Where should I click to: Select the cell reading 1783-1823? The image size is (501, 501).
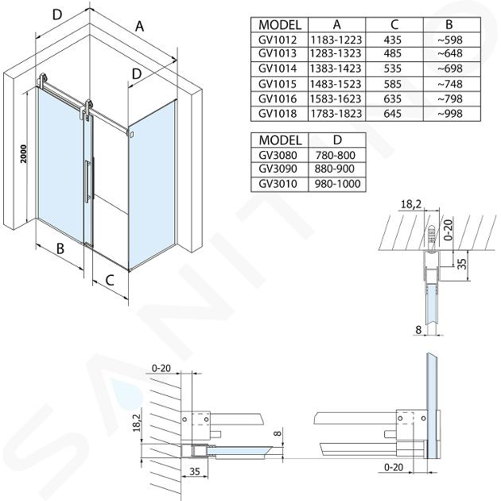point(334,114)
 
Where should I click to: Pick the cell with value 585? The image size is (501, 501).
point(393,84)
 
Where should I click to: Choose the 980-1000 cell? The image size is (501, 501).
point(334,184)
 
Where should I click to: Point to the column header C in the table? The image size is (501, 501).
point(393,25)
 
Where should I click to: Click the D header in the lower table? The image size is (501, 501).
point(334,139)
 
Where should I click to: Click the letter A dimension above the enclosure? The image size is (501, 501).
point(139,26)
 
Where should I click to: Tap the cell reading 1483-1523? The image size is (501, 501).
point(334,84)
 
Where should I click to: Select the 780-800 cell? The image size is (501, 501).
point(334,154)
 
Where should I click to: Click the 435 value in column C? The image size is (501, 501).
point(393,40)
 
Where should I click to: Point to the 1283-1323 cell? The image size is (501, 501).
point(334,54)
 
